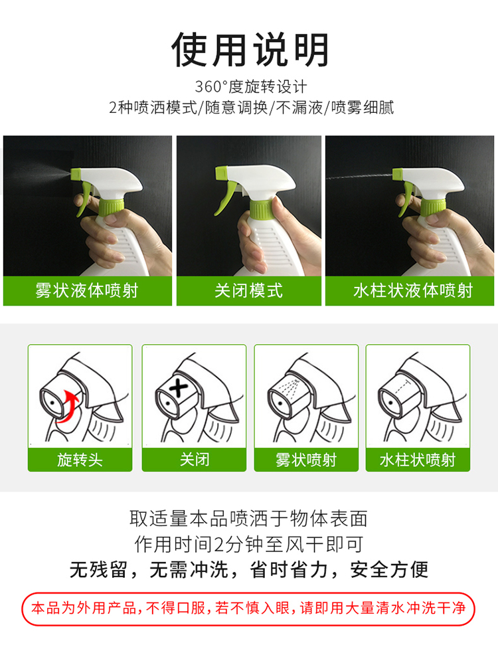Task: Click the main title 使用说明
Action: pyautogui.click(x=250, y=50)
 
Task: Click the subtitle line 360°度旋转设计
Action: pyautogui.click(x=251, y=86)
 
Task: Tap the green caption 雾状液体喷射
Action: pyautogui.click(x=87, y=290)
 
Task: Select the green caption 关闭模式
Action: pyautogui.click(x=248, y=290)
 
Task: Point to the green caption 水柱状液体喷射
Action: pyautogui.click(x=413, y=290)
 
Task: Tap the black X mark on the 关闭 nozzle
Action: pyautogui.click(x=178, y=388)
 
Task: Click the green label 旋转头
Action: pyautogui.click(x=80, y=459)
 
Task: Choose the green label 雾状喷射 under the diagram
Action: pyautogui.click(x=306, y=459)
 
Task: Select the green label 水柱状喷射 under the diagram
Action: pyautogui.click(x=418, y=459)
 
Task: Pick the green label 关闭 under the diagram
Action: pyautogui.click(x=195, y=459)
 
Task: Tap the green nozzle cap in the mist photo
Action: pyautogui.click(x=76, y=174)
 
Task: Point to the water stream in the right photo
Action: pyautogui.click(x=359, y=177)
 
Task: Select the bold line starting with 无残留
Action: pyautogui.click(x=249, y=570)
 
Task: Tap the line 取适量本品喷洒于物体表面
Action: pyautogui.click(x=248, y=518)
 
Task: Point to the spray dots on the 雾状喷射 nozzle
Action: pyautogui.click(x=288, y=385)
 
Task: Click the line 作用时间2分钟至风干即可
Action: pyautogui.click(x=249, y=544)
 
